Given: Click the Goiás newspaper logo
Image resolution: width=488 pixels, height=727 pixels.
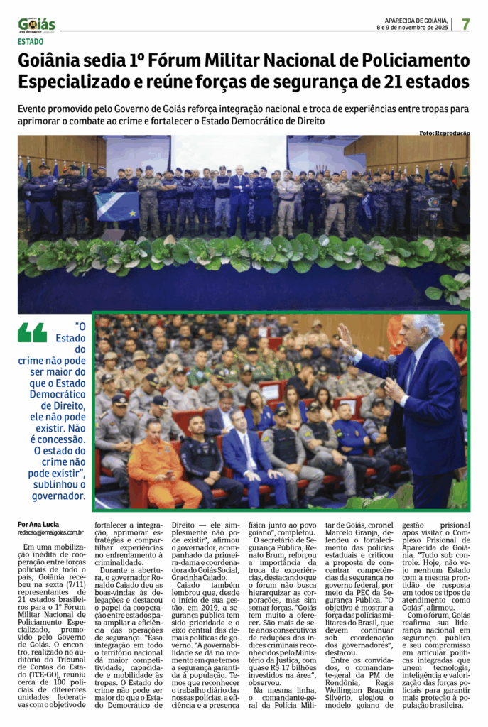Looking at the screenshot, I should tap(37, 26).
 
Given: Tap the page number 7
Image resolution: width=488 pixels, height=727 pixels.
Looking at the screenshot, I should tap(465, 24).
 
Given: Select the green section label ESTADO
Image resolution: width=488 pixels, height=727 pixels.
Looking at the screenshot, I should tap(31, 41).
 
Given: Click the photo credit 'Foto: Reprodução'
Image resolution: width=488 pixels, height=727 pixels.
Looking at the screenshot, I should tap(444, 133).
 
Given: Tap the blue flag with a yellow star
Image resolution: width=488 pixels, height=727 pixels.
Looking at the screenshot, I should tap(117, 206).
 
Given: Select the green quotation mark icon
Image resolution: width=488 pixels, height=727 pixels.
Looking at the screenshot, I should tap(32, 332).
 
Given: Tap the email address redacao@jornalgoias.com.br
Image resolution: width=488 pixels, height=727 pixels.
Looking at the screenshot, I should tap(51, 532).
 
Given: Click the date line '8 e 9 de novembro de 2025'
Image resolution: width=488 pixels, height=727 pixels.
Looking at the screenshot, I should tap(412, 28).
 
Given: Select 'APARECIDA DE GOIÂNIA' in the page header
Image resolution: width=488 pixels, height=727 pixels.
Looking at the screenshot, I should tap(415, 21).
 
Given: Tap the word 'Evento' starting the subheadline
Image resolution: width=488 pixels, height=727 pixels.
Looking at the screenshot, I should tap(36, 109).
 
